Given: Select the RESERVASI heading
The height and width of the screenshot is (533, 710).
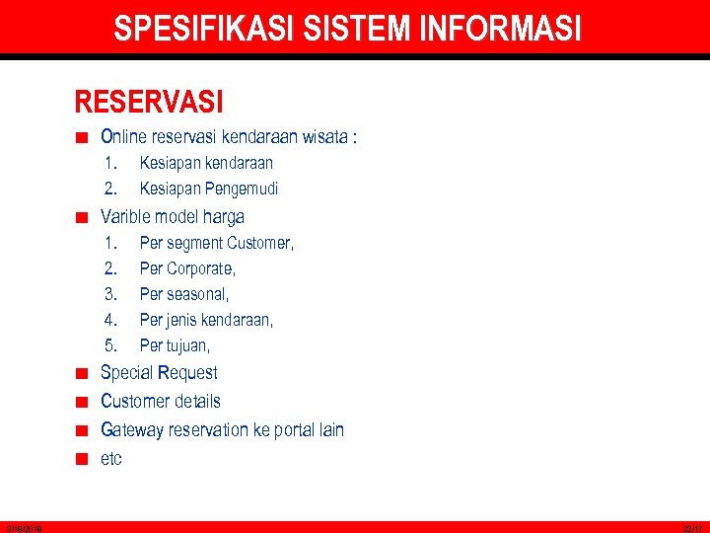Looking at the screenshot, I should tap(149, 102).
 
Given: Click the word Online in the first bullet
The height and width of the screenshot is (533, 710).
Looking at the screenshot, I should tap(122, 137).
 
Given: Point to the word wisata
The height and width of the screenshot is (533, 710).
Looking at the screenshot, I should tap(322, 137).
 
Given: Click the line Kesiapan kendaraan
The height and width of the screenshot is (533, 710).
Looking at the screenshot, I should tap(206, 163).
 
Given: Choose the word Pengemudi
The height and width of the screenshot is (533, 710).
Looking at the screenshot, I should tap(242, 189).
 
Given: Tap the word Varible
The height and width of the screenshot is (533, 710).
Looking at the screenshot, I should tap(126, 216).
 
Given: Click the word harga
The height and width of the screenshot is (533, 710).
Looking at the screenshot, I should tap(222, 216).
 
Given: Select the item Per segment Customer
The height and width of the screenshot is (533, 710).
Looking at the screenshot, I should tap(216, 243).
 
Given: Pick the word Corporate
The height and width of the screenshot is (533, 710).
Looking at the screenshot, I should tap(200, 268).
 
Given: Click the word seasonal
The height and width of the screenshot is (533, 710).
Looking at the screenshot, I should tap(197, 294).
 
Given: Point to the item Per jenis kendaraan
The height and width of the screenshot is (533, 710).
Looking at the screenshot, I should tap(206, 320).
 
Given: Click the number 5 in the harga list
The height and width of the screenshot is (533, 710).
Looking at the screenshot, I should tap(110, 345).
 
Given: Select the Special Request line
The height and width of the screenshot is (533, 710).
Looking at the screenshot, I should tap(159, 372).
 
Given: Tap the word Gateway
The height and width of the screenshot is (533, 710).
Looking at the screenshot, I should tap(131, 429).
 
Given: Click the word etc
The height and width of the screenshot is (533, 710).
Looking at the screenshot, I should tap(111, 458).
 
